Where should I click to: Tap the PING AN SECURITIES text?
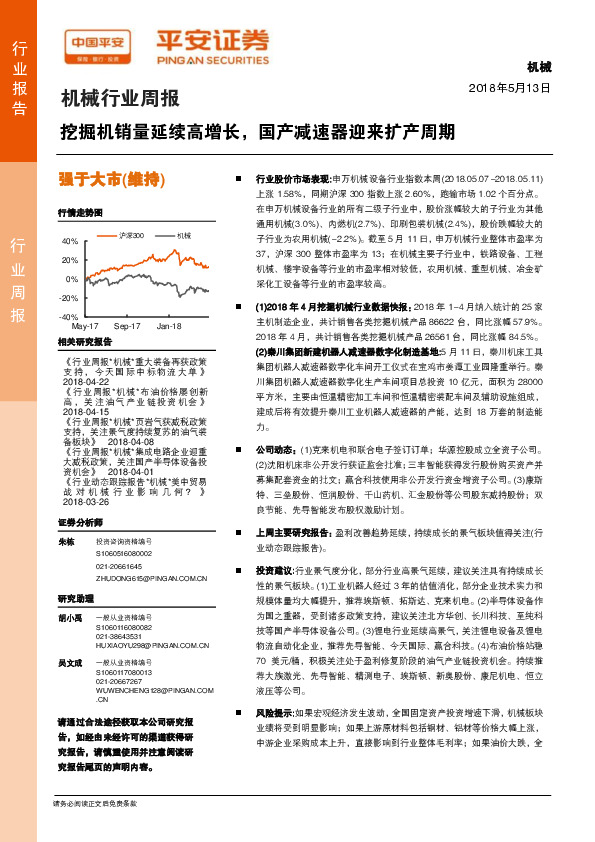pyautogui.click(x=213, y=59)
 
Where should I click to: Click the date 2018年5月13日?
pyautogui.click(x=510, y=88)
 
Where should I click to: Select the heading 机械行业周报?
pyautogui.click(x=120, y=99)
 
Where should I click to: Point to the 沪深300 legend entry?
pyautogui.click(x=130, y=235)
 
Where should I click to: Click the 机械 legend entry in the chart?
pyautogui.click(x=183, y=235)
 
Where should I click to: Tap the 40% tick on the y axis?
pyautogui.click(x=70, y=241)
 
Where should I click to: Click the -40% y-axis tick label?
pyautogui.click(x=70, y=316)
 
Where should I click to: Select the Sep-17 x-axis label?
pyautogui.click(x=127, y=326)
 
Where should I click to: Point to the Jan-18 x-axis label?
pyautogui.click(x=169, y=326)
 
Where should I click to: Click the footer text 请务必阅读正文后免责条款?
pyautogui.click(x=94, y=831)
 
